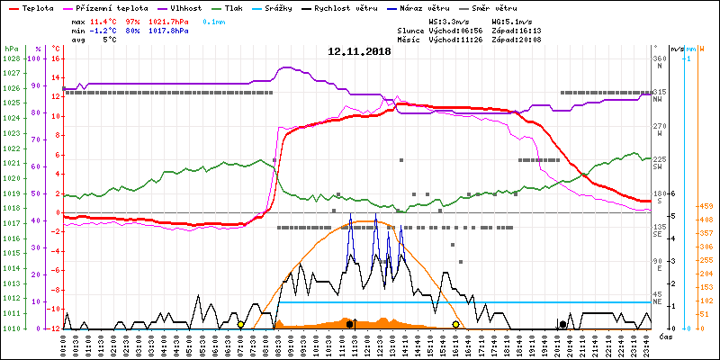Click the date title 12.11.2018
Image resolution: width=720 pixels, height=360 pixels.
point(359,51)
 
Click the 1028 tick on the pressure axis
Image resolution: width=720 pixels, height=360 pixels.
point(11,58)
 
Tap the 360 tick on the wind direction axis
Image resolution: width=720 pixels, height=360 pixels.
point(659,58)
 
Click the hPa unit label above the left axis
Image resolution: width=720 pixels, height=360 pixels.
point(11,49)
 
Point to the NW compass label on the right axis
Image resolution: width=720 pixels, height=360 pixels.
point(659,98)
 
